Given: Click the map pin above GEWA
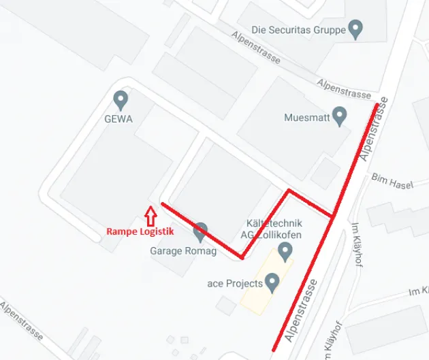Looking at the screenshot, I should point(121,100).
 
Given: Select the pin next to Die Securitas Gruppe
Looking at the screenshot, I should point(355,29).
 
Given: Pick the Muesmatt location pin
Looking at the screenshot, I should point(339,116).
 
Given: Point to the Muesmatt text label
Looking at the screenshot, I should point(306,118).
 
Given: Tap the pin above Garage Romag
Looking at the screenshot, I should point(200,232).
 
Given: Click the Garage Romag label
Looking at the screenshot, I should point(182,251).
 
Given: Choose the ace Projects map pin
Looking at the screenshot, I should point(272,282).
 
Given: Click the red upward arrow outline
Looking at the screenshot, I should point(150,216).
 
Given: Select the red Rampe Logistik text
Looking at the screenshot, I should point(140,231).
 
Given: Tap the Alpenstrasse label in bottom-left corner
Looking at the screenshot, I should point(22,322).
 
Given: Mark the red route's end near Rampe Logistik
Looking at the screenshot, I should point(161,203).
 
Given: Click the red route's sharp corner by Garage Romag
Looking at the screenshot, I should point(242,258).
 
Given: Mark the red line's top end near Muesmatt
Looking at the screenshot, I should point(377,104).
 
